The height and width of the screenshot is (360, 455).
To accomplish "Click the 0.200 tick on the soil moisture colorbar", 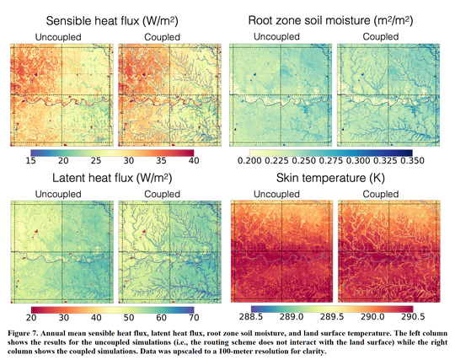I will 249,160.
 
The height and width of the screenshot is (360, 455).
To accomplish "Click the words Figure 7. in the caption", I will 27,328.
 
